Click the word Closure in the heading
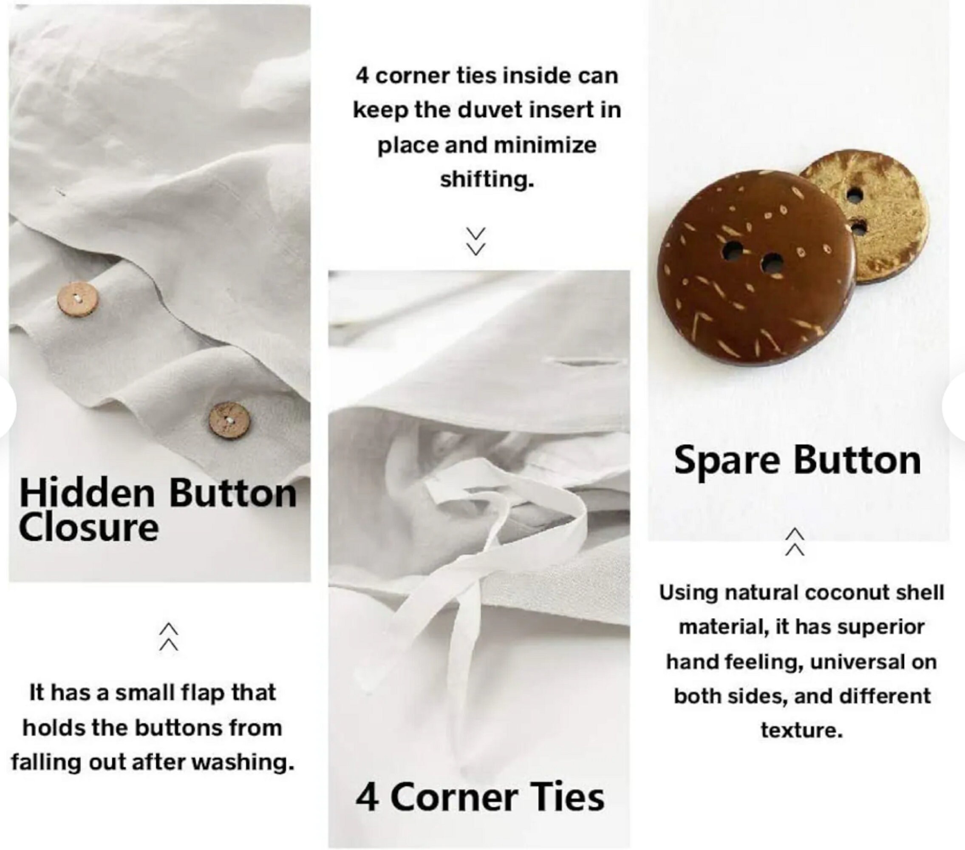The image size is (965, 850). point(88,528)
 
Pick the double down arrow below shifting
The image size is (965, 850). point(476,241)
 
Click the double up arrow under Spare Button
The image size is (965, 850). point(795,542)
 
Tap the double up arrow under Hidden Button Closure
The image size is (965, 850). point(169,637)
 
